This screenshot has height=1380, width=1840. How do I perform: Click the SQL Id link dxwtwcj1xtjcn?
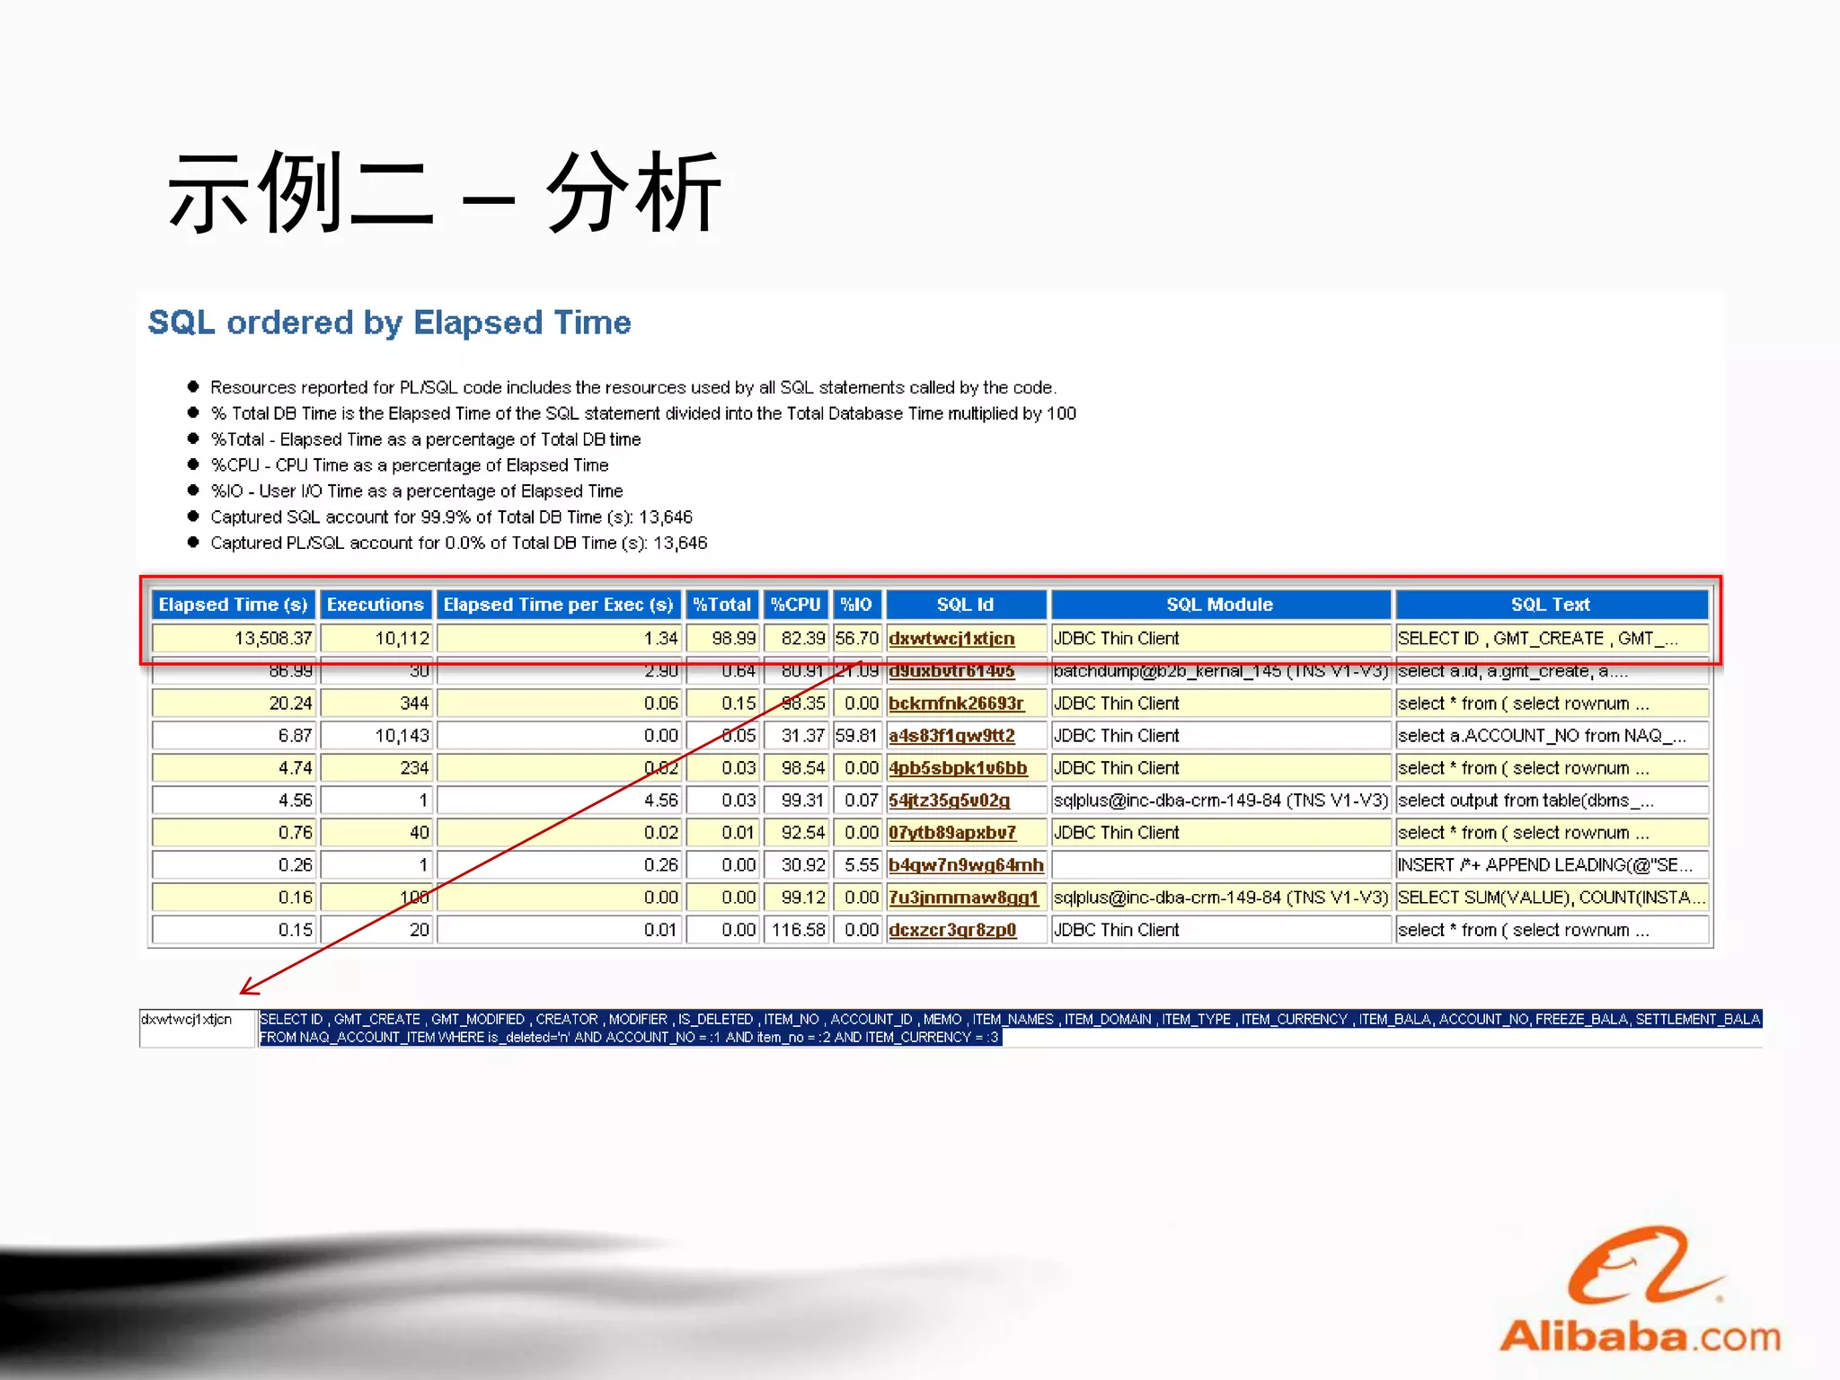coord(951,639)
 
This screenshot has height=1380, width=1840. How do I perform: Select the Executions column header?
coord(375,605)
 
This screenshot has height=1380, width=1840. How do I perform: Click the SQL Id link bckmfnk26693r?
coord(956,703)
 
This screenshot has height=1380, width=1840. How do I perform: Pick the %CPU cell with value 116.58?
coord(798,930)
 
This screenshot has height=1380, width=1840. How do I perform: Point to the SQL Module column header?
coord(1219,605)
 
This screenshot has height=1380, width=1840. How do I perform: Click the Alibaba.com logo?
coord(1641,1294)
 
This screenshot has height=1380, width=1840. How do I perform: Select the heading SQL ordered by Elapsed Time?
coord(389,323)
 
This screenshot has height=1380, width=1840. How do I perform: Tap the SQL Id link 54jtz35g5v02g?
coord(949,801)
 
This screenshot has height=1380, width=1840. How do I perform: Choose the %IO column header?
coord(856,605)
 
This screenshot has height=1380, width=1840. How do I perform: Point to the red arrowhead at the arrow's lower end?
coord(246,988)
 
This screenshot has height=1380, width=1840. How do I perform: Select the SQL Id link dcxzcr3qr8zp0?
coord(952,930)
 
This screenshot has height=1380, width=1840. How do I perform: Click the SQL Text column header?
coord(1550,605)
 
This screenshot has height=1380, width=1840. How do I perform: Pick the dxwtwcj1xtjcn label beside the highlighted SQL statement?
coord(187,1020)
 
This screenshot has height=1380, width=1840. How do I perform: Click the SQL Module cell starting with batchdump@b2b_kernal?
coord(1220,671)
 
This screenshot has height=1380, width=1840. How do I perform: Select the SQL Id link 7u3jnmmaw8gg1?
coord(963,898)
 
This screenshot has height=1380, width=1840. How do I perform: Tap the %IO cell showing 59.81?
coord(856,736)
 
